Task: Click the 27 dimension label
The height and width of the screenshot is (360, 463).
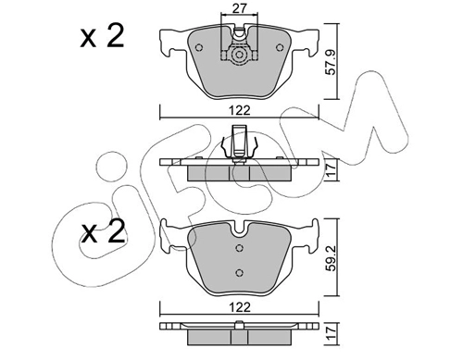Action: (240, 8)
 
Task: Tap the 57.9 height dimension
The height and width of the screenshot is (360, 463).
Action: (331, 62)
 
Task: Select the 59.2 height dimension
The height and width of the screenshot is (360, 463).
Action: (331, 258)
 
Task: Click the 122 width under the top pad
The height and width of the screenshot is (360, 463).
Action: (240, 110)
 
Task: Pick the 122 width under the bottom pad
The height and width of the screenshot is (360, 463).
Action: (240, 307)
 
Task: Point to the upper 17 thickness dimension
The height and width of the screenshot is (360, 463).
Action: (331, 170)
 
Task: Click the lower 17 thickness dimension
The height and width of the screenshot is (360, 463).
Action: (331, 334)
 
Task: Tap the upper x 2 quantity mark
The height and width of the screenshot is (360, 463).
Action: (102, 36)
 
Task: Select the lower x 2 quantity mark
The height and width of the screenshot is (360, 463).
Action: (103, 232)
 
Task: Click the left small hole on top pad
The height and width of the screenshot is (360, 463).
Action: (199, 47)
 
